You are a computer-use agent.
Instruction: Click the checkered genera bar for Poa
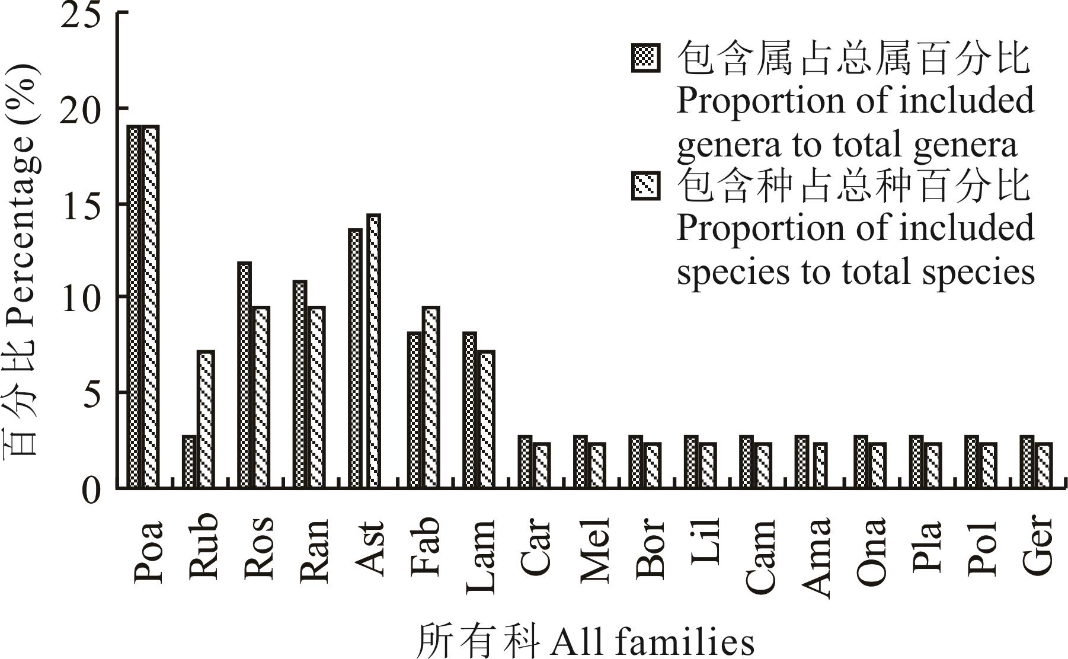(134, 307)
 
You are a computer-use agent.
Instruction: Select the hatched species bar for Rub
(205, 420)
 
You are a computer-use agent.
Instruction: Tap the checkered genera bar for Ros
(244, 375)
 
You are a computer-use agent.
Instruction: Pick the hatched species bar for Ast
(373, 351)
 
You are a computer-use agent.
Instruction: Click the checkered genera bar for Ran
(300, 385)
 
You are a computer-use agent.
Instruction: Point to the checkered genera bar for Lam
(469, 410)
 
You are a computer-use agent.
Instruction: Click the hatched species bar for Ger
(1044, 465)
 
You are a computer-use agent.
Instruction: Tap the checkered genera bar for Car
(525, 462)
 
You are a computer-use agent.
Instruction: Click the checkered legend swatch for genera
(645, 58)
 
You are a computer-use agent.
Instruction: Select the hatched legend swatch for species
(645, 186)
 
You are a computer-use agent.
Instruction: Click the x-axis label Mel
(596, 548)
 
